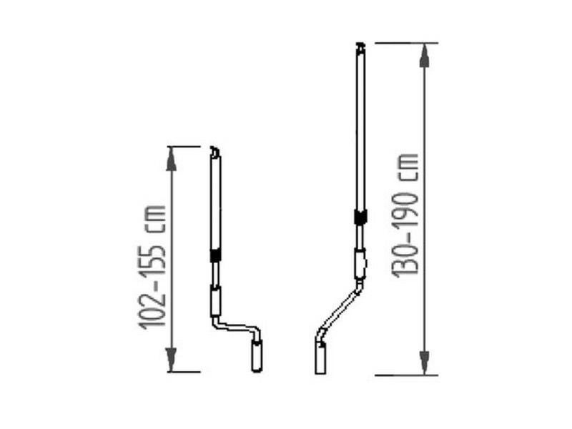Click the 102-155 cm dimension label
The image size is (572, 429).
coord(152,267)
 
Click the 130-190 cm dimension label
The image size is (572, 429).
coord(405,216)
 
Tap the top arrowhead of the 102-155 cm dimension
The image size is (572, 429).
coord(171,159)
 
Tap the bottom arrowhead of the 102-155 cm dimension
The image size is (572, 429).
coord(171,360)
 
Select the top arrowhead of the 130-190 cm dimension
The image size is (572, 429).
coord(424,55)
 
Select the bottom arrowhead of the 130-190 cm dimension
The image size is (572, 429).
coord(424,363)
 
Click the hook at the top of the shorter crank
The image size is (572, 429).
coord(215,152)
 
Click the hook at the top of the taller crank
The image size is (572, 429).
coord(360,47)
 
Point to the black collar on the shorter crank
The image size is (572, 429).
coord(216,255)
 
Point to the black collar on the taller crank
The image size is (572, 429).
coord(360,217)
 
